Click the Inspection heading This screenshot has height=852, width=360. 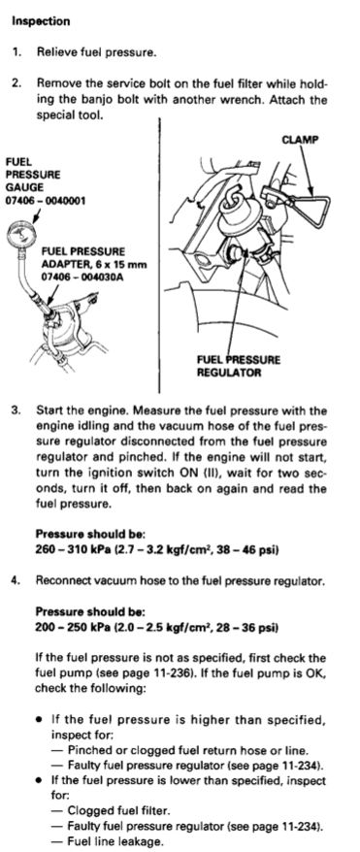(42, 21)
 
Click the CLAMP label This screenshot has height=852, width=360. (300, 140)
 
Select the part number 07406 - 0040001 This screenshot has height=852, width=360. (46, 201)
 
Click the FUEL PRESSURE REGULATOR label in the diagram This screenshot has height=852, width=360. (239, 366)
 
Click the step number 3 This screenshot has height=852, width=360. (15, 410)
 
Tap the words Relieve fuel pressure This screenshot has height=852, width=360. (97, 52)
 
